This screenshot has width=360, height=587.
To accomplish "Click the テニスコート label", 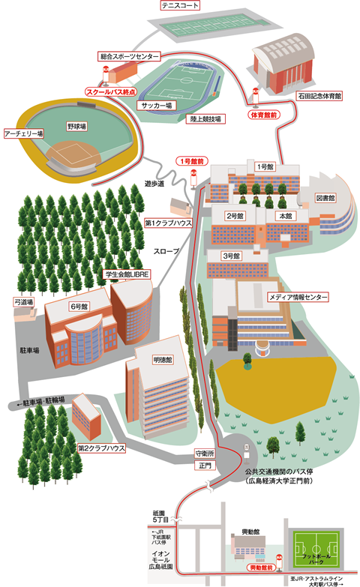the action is click(x=180, y=5).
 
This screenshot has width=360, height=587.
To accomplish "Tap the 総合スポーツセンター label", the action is click(x=129, y=56).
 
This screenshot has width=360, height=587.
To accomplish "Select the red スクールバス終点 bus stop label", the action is click(x=111, y=91).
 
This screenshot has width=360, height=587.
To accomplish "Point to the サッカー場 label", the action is click(x=157, y=106).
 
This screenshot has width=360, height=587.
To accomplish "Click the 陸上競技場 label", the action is click(x=205, y=119).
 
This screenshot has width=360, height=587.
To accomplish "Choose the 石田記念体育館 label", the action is click(x=319, y=96).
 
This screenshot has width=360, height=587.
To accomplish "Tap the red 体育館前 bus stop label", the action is click(x=264, y=115).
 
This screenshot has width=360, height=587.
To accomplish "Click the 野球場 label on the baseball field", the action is click(x=76, y=126).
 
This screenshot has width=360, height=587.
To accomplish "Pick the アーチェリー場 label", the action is click(x=23, y=133).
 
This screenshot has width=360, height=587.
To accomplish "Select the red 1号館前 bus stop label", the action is click(x=192, y=161).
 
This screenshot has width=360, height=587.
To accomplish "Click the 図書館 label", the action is click(x=325, y=198).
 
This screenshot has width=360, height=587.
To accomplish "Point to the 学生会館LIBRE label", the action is click(x=127, y=274).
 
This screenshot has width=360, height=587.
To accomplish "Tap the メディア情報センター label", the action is click(x=298, y=297).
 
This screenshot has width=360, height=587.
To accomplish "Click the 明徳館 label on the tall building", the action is click(x=163, y=360).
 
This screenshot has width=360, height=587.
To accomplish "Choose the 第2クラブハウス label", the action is click(x=101, y=448).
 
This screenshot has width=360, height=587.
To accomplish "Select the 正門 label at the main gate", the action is click(x=205, y=466).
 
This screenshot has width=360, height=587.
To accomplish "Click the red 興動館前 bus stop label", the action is click(x=261, y=568).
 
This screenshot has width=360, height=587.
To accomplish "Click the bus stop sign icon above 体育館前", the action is click(x=256, y=96).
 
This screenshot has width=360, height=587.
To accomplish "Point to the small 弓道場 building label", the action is click(x=24, y=301).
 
